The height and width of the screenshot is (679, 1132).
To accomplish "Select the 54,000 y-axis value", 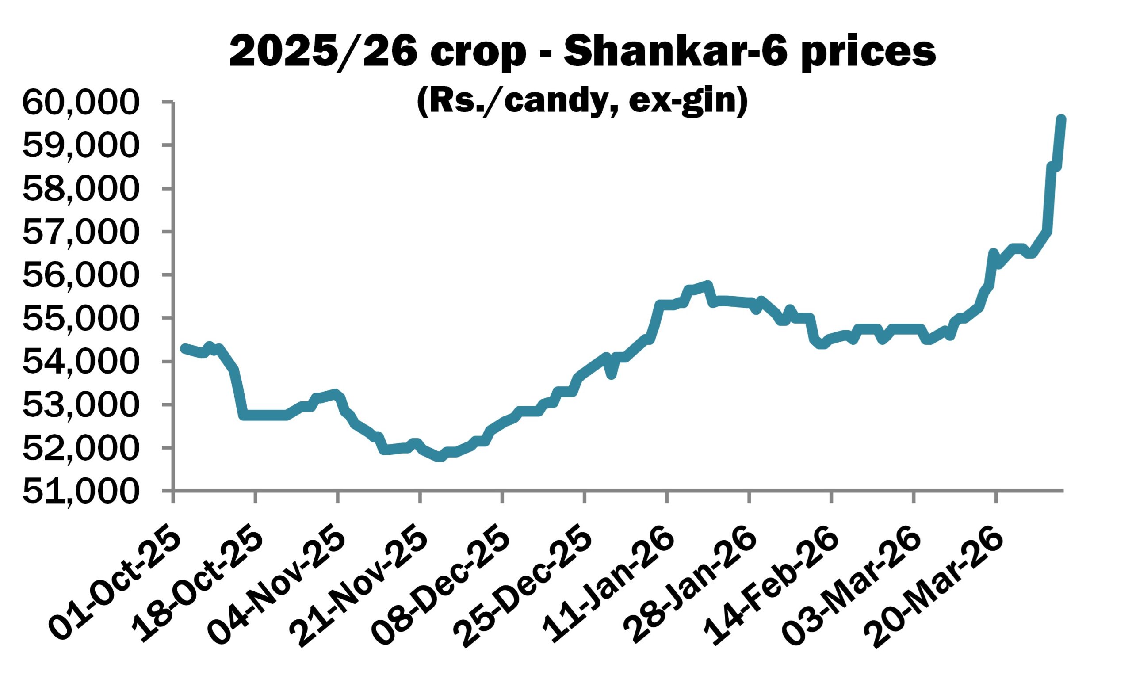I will click(79, 362).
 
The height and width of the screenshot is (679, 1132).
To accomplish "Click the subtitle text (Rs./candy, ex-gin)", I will click(582, 102).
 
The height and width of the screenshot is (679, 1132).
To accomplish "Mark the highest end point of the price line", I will click(1061, 120).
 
